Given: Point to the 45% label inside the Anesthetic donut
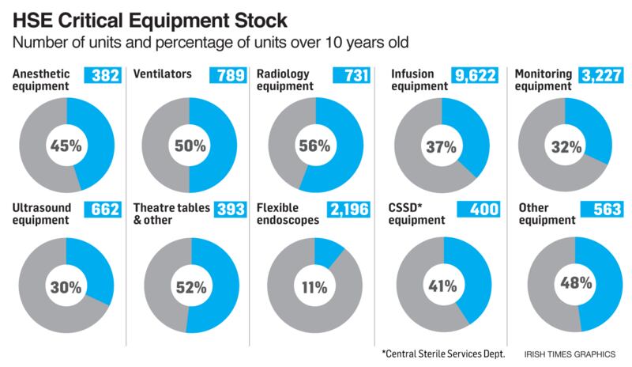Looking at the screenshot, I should [x=67, y=146].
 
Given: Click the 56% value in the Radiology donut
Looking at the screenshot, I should [x=316, y=146].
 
